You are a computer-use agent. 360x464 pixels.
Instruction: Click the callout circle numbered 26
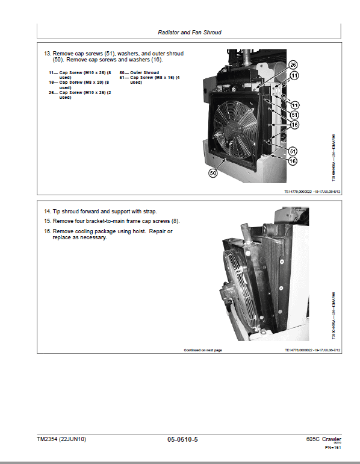pyautogui.click(x=293, y=64)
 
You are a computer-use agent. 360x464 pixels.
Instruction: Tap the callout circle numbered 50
pyautogui.click(x=213, y=173)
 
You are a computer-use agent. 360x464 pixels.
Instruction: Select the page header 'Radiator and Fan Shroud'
pyautogui.click(x=189, y=32)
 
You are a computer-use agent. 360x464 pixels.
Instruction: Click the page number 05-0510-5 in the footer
pyautogui.click(x=182, y=439)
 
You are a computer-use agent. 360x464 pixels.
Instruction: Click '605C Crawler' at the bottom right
pyautogui.click(x=323, y=439)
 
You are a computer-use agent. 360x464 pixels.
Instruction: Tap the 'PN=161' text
pyautogui.click(x=334, y=448)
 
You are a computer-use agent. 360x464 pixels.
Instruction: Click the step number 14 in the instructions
pyautogui.click(x=47, y=212)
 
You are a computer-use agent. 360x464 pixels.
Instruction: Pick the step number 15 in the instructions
pyautogui.click(x=47, y=222)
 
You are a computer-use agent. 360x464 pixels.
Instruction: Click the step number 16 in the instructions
pyautogui.click(x=47, y=231)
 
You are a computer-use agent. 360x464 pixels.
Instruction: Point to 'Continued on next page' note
pyautogui.click(x=203, y=350)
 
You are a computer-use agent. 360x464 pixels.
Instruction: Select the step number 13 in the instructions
pyautogui.click(x=47, y=54)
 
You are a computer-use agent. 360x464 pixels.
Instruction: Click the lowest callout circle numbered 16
pyautogui.click(x=292, y=161)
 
